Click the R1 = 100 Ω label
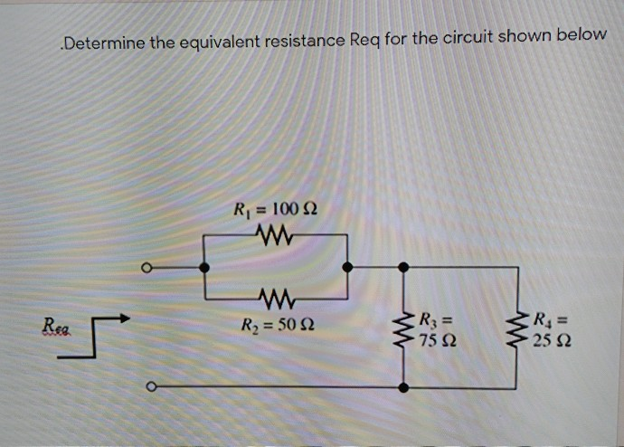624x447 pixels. (x=276, y=211)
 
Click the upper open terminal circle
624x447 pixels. (x=150, y=267)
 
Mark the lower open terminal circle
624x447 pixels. (x=151, y=386)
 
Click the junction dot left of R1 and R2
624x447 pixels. (x=204, y=267)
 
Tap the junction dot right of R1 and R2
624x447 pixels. (x=347, y=267)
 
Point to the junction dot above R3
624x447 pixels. (x=404, y=267)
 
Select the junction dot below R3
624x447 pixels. (x=404, y=386)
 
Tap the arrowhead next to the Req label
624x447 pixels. (x=123, y=319)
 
